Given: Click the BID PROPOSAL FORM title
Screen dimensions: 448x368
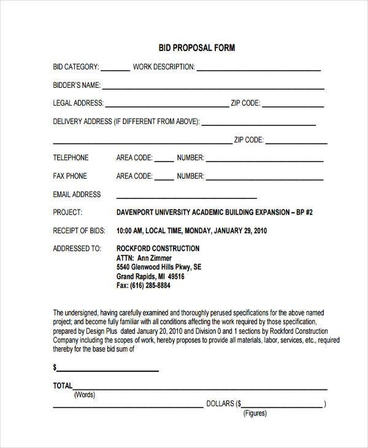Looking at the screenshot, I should click(x=188, y=47).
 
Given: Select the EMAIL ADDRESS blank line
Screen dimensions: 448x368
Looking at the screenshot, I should click(x=186, y=197).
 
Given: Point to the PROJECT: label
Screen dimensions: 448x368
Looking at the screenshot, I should click(x=68, y=212).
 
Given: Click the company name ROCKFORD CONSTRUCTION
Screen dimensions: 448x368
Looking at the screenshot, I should click(x=158, y=249).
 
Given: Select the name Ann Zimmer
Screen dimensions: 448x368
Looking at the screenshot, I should click(x=153, y=258).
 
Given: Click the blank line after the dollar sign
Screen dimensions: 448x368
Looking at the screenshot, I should click(x=108, y=369).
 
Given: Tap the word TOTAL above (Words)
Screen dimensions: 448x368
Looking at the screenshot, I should click(x=63, y=386).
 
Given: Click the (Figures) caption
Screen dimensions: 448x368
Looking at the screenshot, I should click(x=255, y=413).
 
